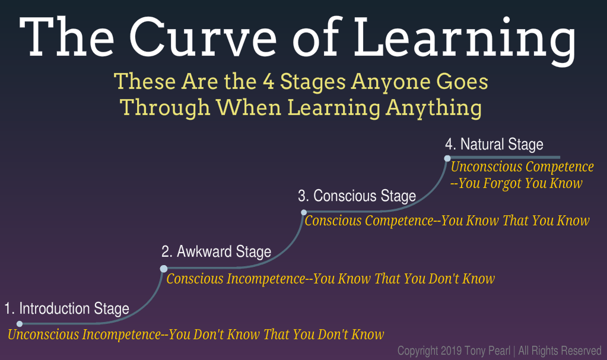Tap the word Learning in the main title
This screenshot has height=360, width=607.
(465, 42)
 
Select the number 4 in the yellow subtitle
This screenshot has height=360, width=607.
(269, 82)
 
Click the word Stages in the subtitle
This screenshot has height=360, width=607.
(313, 83)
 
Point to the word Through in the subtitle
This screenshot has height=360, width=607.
(165, 107)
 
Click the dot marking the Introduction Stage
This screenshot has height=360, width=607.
(20, 324)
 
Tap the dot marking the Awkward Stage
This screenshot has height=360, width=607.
(164, 269)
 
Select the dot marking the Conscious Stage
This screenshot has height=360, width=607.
(304, 212)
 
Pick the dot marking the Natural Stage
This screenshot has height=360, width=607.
(447, 158)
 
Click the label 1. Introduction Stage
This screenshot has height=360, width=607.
(66, 309)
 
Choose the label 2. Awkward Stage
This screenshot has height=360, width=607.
(216, 252)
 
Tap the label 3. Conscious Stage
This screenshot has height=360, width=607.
(357, 196)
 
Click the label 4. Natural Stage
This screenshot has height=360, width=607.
(494, 145)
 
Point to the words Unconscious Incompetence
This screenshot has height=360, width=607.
(84, 334)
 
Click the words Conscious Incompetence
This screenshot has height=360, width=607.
(236, 279)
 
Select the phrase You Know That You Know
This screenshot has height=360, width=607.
(515, 221)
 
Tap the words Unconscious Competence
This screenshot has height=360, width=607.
(522, 167)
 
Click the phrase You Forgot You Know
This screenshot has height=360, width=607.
(520, 183)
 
